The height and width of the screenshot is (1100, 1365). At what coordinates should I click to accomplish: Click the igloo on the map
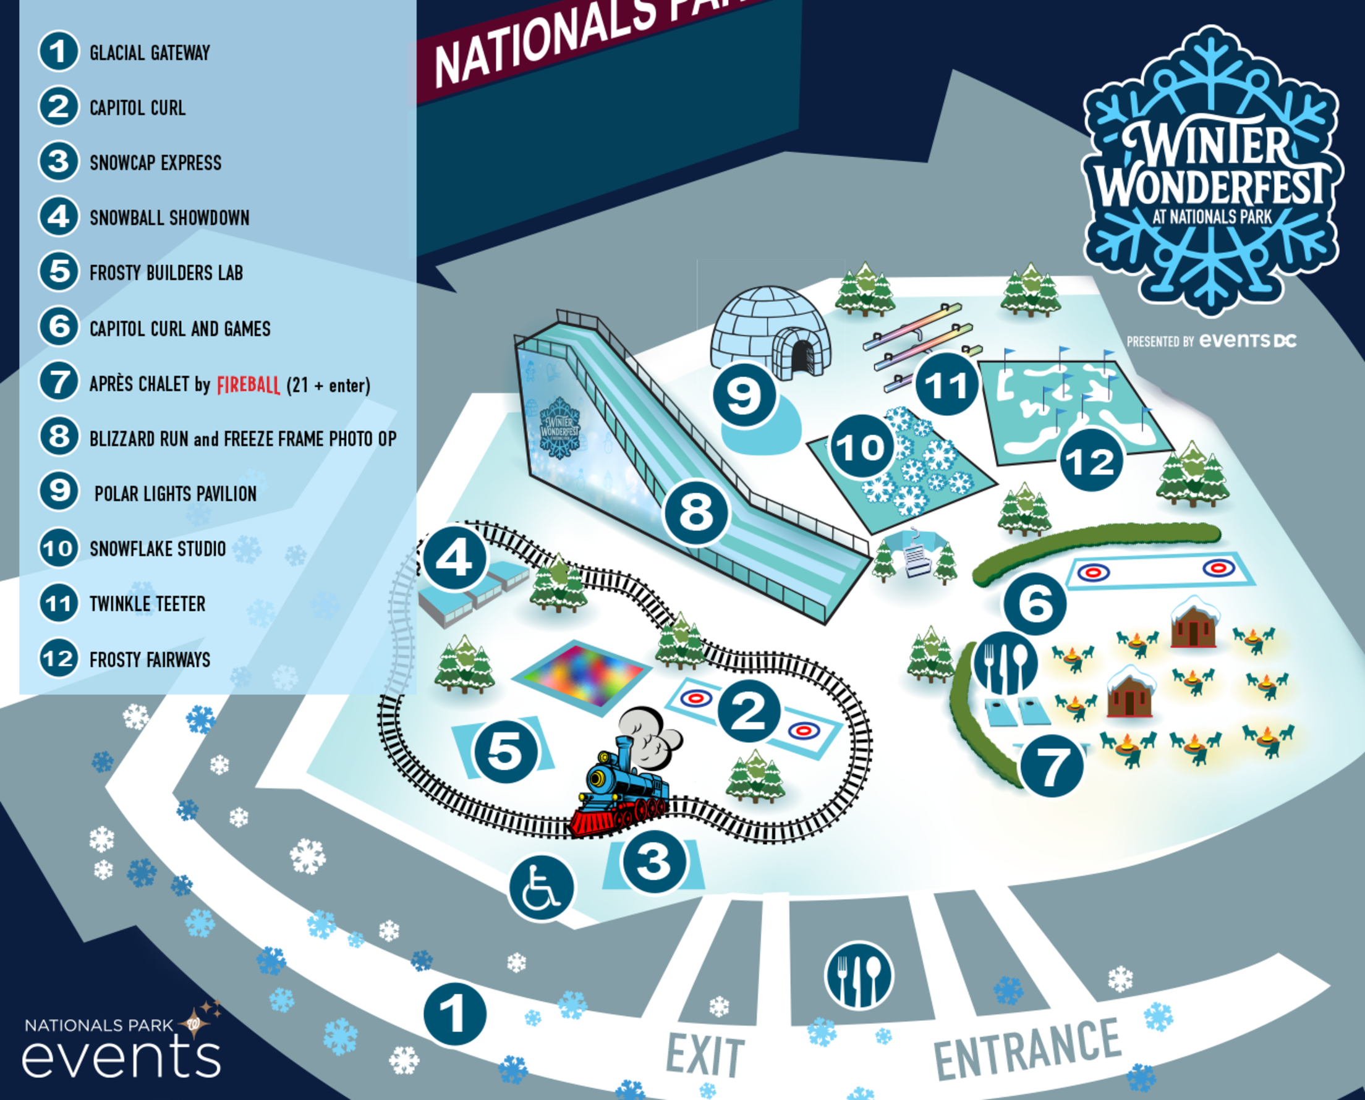769,333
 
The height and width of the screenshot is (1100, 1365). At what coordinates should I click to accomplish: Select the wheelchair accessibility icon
540,887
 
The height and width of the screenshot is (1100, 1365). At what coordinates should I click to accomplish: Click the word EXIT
705,1055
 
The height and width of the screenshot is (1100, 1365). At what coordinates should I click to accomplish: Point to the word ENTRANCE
1027,1049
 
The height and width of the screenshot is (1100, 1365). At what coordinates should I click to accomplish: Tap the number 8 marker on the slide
697,512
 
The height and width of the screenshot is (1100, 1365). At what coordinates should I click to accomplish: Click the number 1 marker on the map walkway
454,1013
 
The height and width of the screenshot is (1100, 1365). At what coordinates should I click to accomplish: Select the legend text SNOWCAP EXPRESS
155,163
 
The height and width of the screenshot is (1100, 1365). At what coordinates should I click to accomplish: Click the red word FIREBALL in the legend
248,384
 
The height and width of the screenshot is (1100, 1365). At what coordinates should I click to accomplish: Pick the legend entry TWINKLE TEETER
147,604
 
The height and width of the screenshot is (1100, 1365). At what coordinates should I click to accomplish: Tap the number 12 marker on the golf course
1091,460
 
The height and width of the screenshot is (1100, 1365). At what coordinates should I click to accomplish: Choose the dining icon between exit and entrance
859,975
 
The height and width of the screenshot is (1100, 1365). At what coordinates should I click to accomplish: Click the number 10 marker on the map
861,447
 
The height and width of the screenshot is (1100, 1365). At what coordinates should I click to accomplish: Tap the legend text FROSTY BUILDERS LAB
166,273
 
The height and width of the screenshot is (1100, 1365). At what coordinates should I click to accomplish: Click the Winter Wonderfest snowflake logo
1211,171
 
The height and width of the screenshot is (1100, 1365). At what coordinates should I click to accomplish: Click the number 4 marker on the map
454,558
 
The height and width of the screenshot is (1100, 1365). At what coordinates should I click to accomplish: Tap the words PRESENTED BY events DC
1211,341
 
